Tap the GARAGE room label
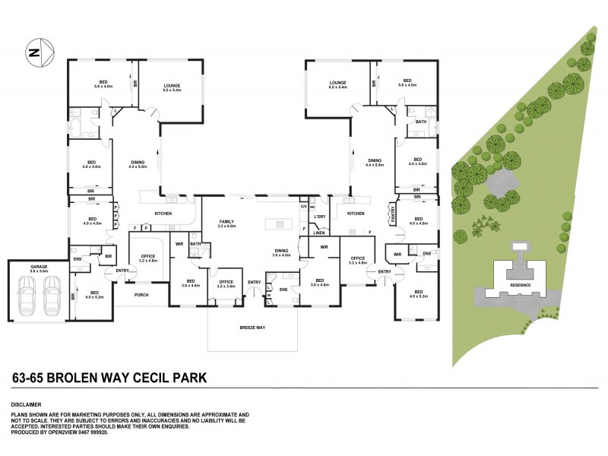40,267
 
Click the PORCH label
141,295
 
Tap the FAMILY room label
227,220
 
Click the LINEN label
320,233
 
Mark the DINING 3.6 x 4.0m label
282,252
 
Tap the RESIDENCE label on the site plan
521,285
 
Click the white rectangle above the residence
521,246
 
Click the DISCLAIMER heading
26,404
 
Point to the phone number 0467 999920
97,432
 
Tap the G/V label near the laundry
302,207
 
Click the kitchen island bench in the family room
278,224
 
